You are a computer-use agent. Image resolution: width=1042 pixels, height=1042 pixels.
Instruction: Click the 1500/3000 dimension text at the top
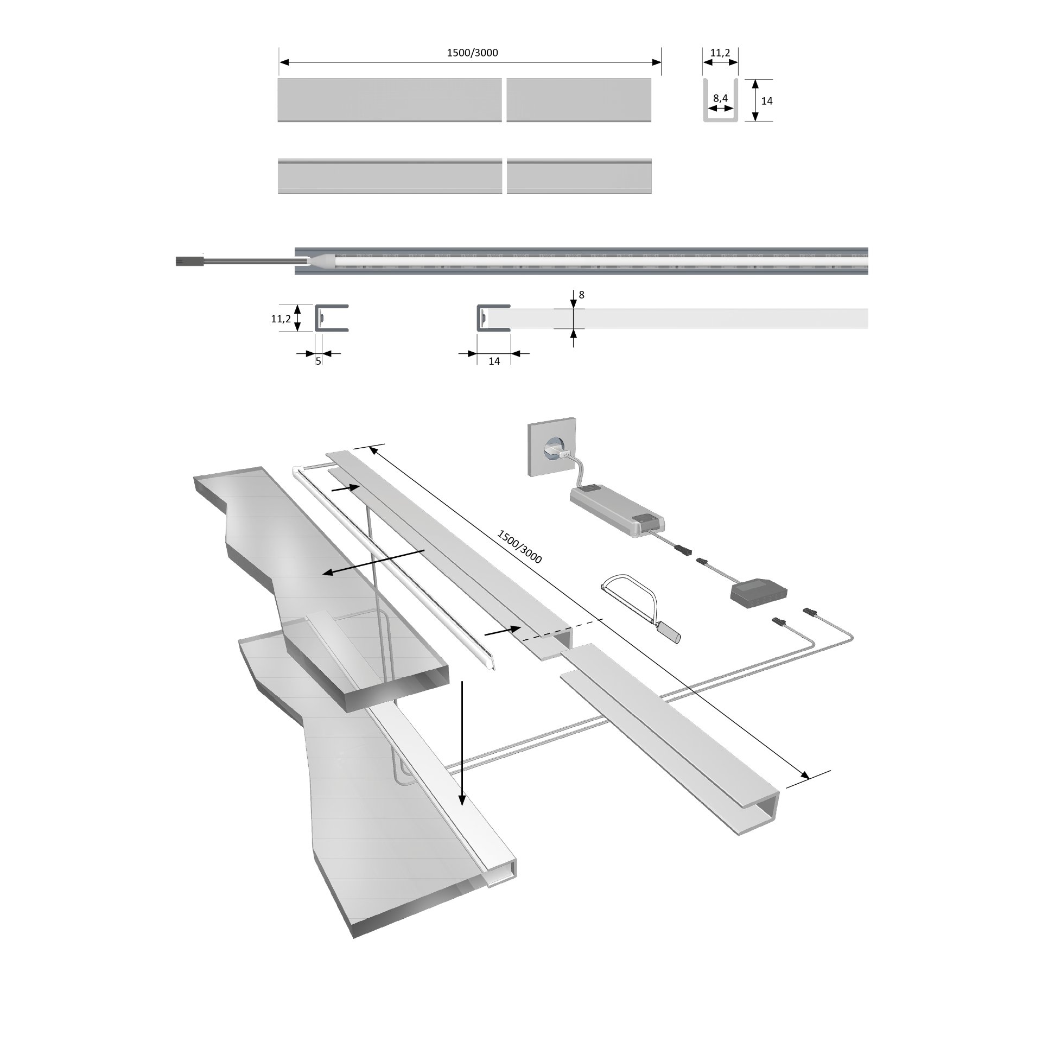point(472,53)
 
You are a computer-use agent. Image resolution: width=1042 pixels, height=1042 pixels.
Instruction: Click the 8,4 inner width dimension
point(720,98)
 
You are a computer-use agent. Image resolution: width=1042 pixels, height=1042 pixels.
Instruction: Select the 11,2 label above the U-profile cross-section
point(720,53)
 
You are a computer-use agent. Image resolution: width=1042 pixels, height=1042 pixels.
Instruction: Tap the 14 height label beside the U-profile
point(766,101)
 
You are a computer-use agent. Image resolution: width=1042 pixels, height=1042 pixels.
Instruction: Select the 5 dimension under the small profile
point(319,360)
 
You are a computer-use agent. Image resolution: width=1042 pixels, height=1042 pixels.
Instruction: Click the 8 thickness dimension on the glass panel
point(582,295)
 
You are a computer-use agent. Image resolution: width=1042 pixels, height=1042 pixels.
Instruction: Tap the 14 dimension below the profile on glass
point(494,361)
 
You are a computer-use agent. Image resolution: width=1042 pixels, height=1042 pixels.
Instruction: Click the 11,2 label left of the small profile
point(281,319)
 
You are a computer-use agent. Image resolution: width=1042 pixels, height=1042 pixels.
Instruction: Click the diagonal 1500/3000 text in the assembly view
point(519,547)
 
